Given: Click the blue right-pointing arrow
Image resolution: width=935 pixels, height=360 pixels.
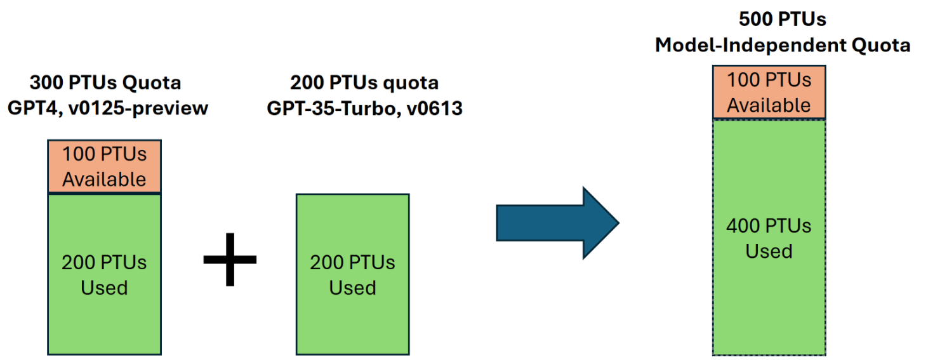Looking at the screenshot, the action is tap(558, 223).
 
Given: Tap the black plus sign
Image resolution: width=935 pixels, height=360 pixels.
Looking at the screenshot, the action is tap(230, 260).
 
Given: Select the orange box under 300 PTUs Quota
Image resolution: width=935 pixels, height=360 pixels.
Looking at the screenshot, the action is tap(104, 166).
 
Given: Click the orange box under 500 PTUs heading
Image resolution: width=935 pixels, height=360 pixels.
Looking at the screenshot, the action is tap(769, 92).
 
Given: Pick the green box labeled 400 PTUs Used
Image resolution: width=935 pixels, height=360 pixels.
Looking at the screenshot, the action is tap(769, 237).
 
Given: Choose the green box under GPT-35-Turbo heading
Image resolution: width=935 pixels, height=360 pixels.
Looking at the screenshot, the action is tap(353, 274).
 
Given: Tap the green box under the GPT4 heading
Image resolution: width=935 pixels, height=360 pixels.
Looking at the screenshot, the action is tap(104, 274).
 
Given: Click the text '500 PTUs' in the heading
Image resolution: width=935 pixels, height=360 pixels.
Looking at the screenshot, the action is tap(782, 19).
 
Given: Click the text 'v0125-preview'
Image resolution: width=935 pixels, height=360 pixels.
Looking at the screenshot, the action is tap(138, 109).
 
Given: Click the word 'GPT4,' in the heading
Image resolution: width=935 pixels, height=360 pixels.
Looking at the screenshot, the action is tap(35, 109).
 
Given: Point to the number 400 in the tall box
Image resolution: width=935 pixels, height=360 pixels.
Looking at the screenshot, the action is tap(743, 226).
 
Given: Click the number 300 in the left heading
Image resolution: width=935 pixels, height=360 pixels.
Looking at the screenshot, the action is tap(46, 83).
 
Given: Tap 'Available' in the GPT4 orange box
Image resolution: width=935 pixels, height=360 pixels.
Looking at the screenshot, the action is tap(104, 180).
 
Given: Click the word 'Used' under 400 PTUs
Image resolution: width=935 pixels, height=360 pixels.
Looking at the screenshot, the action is tap(769, 251).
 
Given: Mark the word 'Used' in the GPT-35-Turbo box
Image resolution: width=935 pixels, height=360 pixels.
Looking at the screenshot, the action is tap(353, 288).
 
